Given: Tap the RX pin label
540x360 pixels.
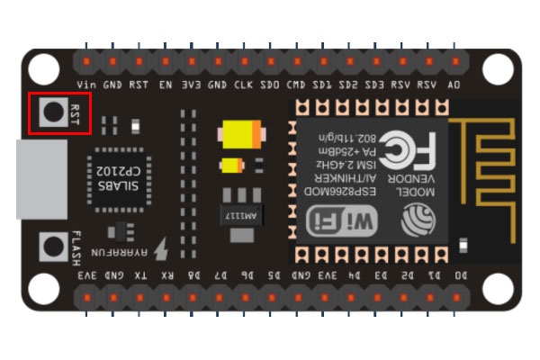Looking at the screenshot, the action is pyautogui.click(x=166, y=274).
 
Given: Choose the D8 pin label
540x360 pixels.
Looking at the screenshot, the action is pyautogui.click(x=193, y=274).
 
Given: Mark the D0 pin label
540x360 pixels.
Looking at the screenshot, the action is pyautogui.click(x=460, y=274).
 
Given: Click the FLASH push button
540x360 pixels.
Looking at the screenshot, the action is pyautogui.click(x=52, y=244).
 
